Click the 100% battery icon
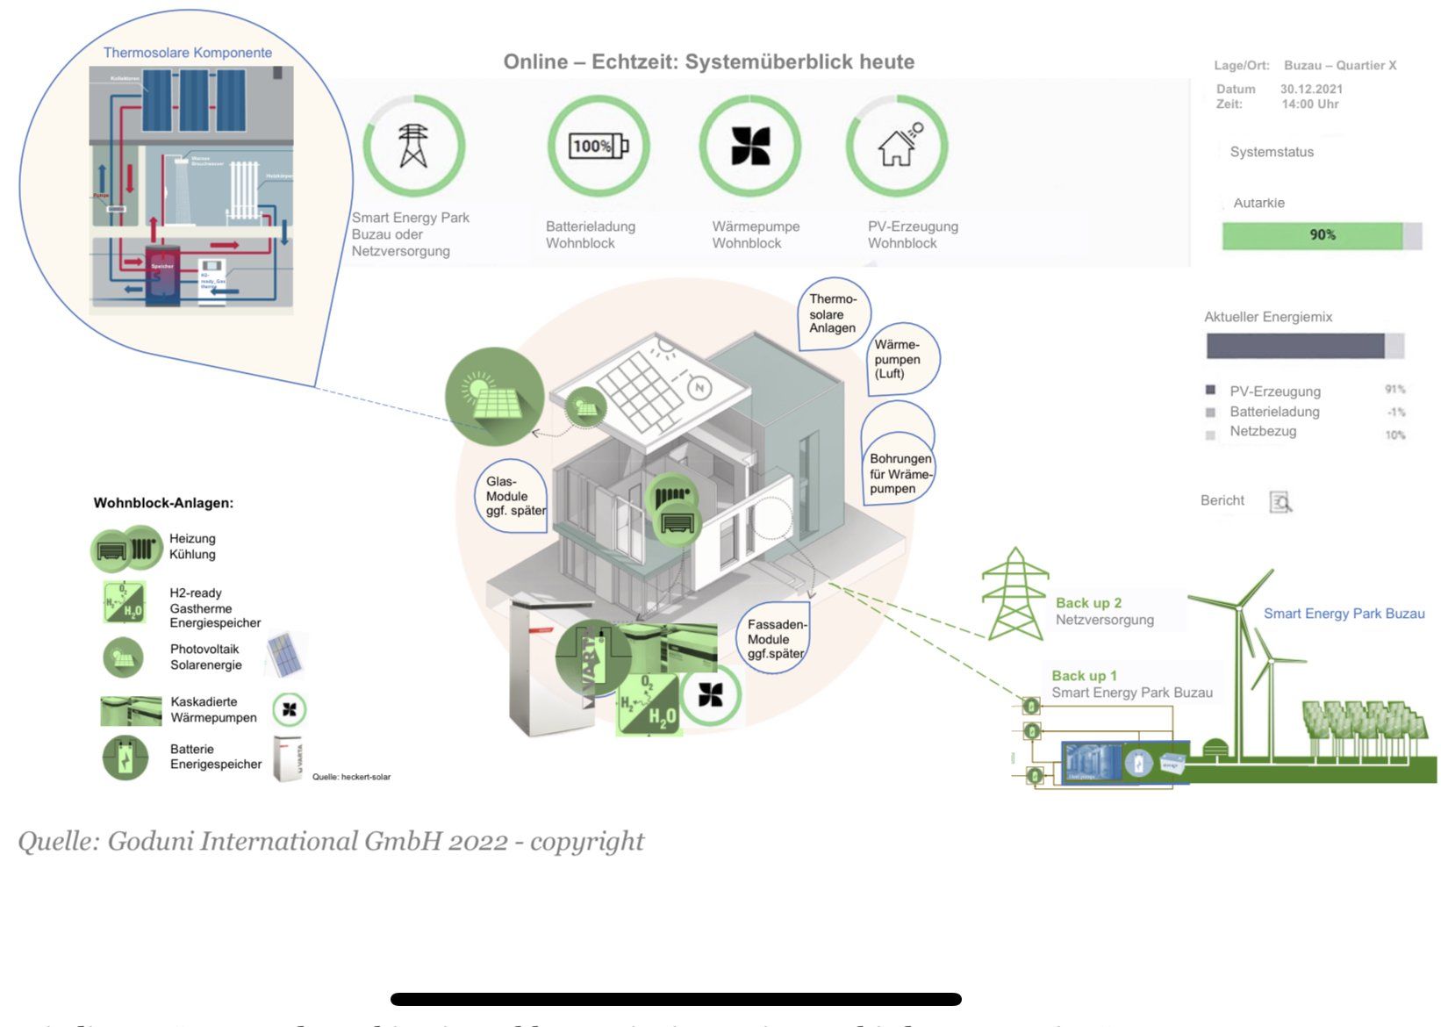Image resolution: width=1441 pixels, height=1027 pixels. (x=599, y=146)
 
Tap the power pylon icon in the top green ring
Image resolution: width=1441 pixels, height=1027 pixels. (x=413, y=146)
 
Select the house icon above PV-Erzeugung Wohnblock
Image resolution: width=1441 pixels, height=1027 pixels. (x=897, y=146)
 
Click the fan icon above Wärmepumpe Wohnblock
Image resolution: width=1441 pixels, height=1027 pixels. (x=750, y=146)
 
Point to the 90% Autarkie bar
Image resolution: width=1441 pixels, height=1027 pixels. (x=1322, y=235)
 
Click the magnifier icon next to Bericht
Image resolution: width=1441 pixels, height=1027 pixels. (x=1280, y=501)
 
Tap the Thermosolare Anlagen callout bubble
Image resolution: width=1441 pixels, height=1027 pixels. (x=833, y=314)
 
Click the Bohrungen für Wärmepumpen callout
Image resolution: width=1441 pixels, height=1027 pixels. (x=900, y=473)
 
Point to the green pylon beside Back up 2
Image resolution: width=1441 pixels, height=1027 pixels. (x=1014, y=594)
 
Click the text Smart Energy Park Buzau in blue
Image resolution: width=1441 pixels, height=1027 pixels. (x=1344, y=614)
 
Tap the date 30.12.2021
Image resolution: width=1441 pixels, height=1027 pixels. (x=1311, y=89)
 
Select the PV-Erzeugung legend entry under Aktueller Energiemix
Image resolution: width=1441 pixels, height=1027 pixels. (x=1274, y=391)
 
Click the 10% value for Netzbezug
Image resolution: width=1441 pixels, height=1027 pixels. (x=1394, y=434)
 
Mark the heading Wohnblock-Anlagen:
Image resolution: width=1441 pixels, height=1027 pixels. (x=163, y=503)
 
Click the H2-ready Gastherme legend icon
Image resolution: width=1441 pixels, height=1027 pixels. (x=124, y=603)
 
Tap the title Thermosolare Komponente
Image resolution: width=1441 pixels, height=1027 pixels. (x=188, y=53)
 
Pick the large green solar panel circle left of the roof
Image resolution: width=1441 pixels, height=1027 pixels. (x=494, y=397)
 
